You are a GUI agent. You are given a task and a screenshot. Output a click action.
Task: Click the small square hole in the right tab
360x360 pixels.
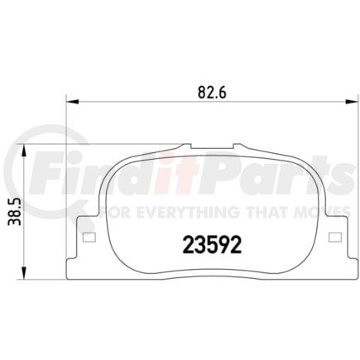click(x=334, y=239)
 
